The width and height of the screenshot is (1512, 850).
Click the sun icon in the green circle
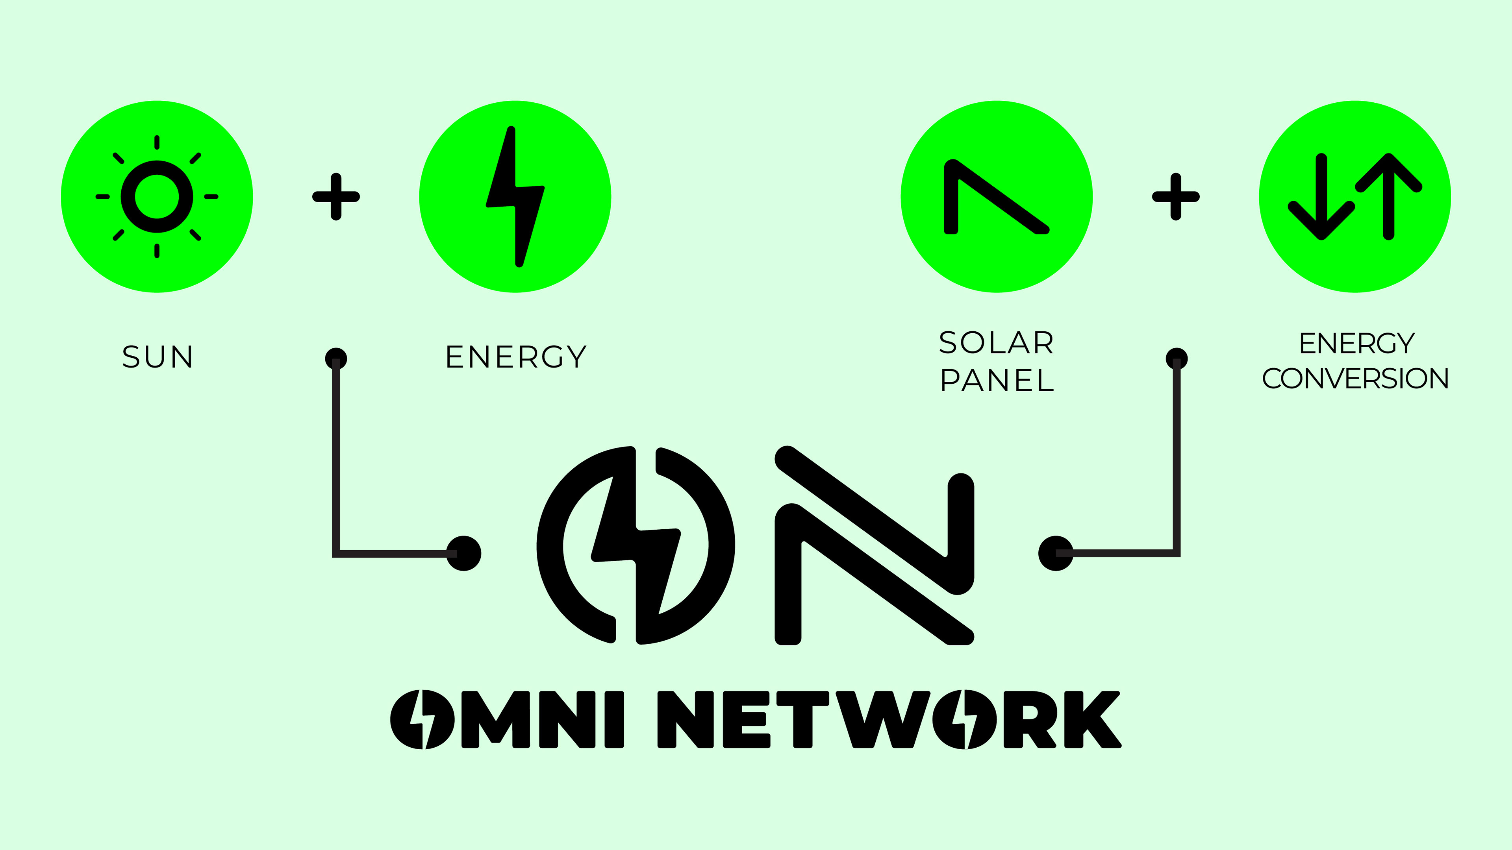pyautogui.click(x=157, y=196)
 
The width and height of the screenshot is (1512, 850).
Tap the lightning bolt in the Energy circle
pyautogui.click(x=515, y=196)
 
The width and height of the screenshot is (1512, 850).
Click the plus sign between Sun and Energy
pyautogui.click(x=336, y=196)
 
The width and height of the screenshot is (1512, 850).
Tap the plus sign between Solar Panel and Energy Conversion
pyautogui.click(x=1176, y=196)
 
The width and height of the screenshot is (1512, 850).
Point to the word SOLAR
pyautogui.click(x=996, y=343)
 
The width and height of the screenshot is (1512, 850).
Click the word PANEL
pyautogui.click(x=997, y=380)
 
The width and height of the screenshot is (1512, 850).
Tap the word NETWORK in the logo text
pyautogui.click(x=889, y=719)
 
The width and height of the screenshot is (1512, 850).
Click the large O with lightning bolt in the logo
pyautogui.click(x=636, y=545)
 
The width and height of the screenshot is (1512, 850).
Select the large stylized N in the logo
pyautogui.click(x=875, y=545)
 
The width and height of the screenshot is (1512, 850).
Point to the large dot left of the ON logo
pyautogui.click(x=464, y=553)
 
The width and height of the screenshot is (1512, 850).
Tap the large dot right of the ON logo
pyautogui.click(x=1055, y=553)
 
